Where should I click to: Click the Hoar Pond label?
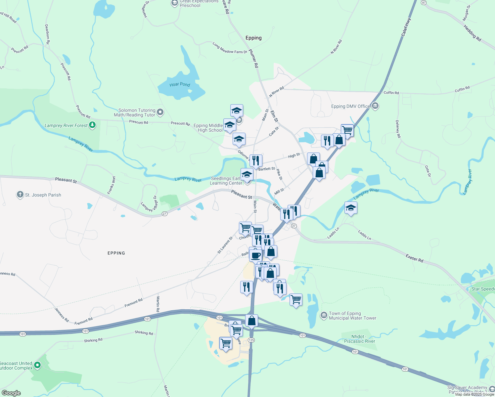coord(180,84)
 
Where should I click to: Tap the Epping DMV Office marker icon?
coord(375,106)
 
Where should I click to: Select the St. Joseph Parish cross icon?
coord(20,195)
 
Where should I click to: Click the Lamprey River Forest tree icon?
coord(93,125)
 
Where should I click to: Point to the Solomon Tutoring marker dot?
coord(160,112)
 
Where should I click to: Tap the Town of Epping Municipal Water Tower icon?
coord(324,315)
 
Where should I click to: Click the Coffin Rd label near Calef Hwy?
coord(391,93)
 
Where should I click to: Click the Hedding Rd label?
coord(472,33)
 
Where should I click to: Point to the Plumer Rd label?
coord(254,59)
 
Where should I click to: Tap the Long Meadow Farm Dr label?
coord(230,48)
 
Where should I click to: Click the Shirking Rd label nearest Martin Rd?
coord(144,333)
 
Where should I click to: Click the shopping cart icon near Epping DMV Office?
coord(347,130)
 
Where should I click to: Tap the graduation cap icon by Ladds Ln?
coord(351,208)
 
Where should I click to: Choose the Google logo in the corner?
coord(11,393)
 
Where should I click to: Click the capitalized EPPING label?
coord(116,253)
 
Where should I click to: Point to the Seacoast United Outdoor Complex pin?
coord(37,365)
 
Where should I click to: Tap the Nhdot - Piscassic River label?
coord(359,339)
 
